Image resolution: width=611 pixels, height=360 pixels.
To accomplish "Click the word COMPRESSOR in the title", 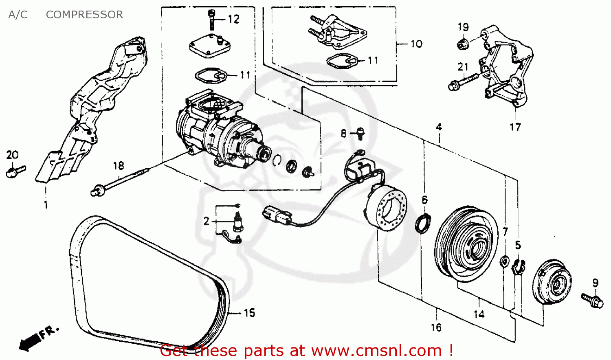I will (84, 15).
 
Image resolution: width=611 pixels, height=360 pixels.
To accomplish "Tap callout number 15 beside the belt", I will (249, 313).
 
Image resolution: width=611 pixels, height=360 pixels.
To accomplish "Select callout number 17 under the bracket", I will (515, 127).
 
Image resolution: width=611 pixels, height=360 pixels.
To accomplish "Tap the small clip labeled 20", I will (15, 171).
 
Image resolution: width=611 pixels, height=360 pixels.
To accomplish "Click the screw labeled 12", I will (211, 19).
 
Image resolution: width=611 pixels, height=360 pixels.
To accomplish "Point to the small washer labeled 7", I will (504, 261).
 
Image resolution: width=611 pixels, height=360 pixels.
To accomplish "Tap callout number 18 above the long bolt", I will (118, 166).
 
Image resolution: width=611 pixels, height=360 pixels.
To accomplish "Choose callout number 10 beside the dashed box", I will (416, 44).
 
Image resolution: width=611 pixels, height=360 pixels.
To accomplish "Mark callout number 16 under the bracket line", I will (436, 327).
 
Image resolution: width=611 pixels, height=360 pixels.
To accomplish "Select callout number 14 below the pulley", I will (479, 314).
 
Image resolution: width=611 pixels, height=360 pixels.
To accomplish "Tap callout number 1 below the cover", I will (46, 204).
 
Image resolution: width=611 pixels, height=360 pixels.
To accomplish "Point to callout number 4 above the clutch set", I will (439, 127).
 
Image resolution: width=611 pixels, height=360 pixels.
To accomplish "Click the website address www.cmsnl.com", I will (377, 350).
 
